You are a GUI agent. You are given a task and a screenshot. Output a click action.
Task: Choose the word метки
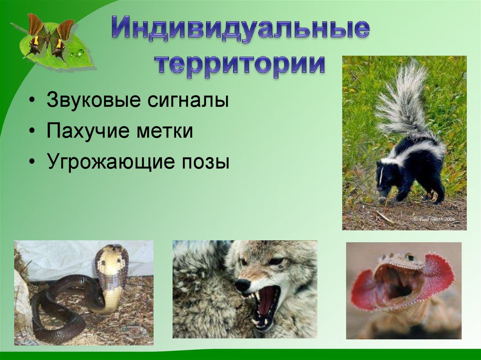[x=165, y=131]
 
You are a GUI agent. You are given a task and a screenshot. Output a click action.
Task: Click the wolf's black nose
[x=242, y=285]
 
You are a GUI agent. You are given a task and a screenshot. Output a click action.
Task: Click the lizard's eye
[x=410, y=257]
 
